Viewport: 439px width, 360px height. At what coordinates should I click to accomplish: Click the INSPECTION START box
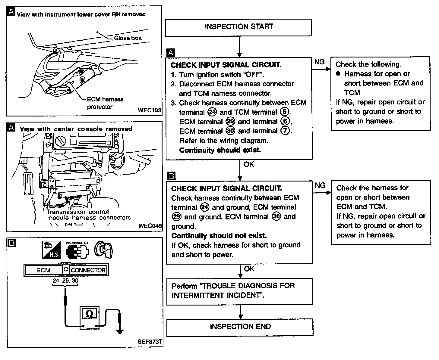[x=238, y=27]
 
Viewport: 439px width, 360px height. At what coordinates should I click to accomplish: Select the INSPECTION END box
[x=240, y=327]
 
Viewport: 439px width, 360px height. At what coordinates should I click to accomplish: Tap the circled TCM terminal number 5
[x=284, y=112]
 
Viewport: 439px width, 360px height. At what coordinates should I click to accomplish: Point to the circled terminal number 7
[x=284, y=131]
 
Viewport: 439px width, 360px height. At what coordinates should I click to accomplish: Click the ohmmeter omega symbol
[x=90, y=314]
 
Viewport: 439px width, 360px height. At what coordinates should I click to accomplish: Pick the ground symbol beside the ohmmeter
[x=120, y=331]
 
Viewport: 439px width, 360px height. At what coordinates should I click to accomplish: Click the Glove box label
[x=128, y=38]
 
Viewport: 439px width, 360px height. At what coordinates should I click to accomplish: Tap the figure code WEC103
[x=149, y=110]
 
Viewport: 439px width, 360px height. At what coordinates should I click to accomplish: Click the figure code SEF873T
[x=150, y=342]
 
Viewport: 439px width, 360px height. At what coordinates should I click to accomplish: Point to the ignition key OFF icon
[x=103, y=250]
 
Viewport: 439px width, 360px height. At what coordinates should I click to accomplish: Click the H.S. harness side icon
[x=51, y=250]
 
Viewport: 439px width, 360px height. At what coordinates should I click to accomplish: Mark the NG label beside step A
[x=319, y=62]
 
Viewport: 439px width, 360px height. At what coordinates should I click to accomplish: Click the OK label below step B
[x=249, y=269]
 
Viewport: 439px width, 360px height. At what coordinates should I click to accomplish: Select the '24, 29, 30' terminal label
[x=65, y=281]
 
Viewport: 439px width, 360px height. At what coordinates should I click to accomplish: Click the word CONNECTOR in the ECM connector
[x=88, y=270]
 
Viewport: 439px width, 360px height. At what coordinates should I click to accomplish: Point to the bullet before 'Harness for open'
[x=338, y=74]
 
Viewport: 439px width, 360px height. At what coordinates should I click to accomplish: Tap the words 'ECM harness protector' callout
[x=105, y=103]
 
